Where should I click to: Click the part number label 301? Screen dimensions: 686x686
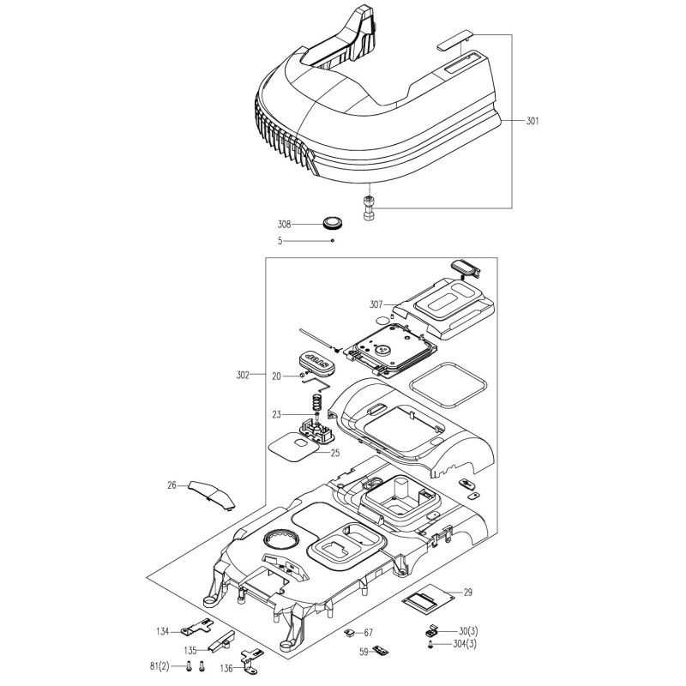[x=533, y=121]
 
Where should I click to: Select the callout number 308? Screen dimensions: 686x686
[x=285, y=224]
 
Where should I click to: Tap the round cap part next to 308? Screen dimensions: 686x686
[x=333, y=224]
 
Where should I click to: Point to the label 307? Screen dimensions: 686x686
[x=376, y=303]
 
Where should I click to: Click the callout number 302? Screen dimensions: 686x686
[x=243, y=375]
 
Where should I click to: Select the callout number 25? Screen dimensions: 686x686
[x=336, y=452]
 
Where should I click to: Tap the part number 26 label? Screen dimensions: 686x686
[x=171, y=485]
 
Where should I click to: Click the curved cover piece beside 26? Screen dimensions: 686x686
[x=212, y=494]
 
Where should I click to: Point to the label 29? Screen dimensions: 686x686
[x=468, y=593]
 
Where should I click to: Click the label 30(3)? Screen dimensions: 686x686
[x=469, y=631]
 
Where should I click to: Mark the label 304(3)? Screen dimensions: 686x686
[x=472, y=644]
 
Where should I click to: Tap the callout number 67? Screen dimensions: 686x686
[x=369, y=632]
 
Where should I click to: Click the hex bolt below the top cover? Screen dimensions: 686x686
[x=370, y=208]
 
